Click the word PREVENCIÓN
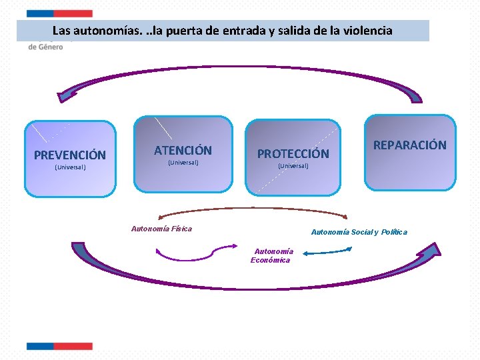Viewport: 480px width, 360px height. coord(70,155)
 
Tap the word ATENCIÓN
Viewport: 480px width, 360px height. coord(183,151)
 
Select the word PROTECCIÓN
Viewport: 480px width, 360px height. coord(293,154)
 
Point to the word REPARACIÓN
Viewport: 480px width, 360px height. coord(409,145)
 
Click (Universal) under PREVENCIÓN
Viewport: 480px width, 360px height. coord(70,167)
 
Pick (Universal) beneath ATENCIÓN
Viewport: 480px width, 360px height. coord(183,162)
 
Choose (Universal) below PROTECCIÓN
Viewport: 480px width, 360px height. coord(293,165)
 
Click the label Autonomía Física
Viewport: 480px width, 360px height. coord(161,229)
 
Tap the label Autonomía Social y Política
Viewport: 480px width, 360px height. coord(359,232)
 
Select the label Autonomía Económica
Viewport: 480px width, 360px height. coord(271,255)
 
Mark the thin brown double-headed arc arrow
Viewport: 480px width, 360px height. coord(253,209)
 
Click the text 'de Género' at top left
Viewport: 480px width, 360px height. coord(46,47)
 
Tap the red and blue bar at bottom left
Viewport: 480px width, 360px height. coord(59,346)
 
